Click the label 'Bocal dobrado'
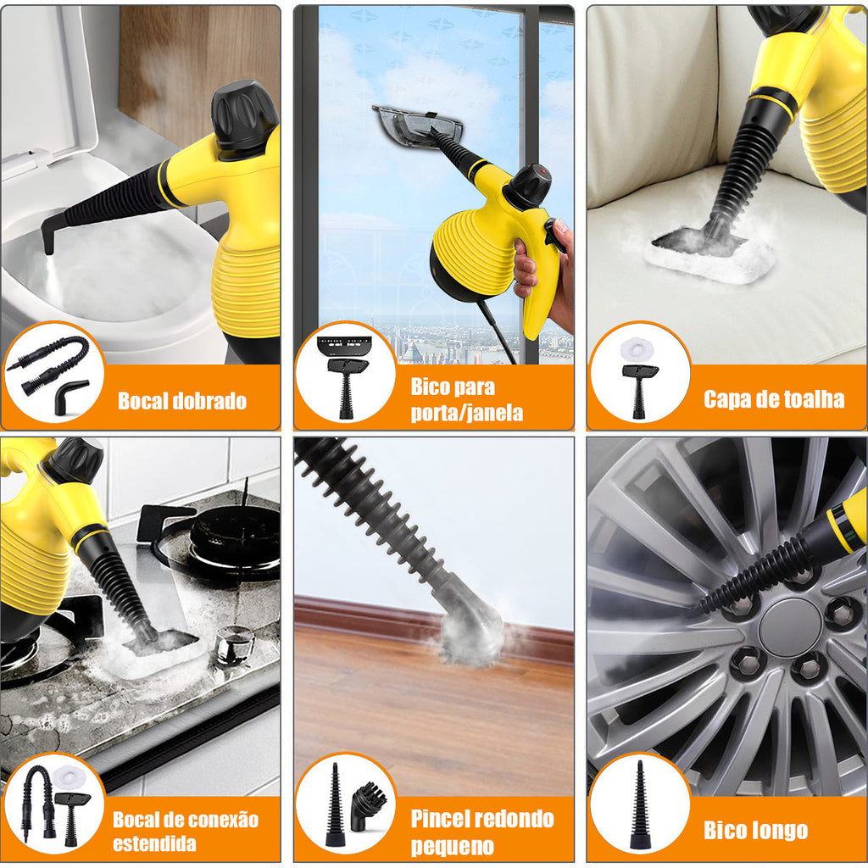tap(182, 401)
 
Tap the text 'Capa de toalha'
tap(774, 399)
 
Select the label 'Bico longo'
tap(755, 831)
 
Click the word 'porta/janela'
tap(467, 413)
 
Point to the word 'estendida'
tap(154, 843)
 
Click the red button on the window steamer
tap(542, 172)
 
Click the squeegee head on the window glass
tap(418, 125)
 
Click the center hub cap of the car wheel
tap(790, 627)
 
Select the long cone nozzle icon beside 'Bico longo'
tap(639, 805)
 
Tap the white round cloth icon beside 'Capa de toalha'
tap(637, 348)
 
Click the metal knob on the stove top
tap(235, 644)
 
